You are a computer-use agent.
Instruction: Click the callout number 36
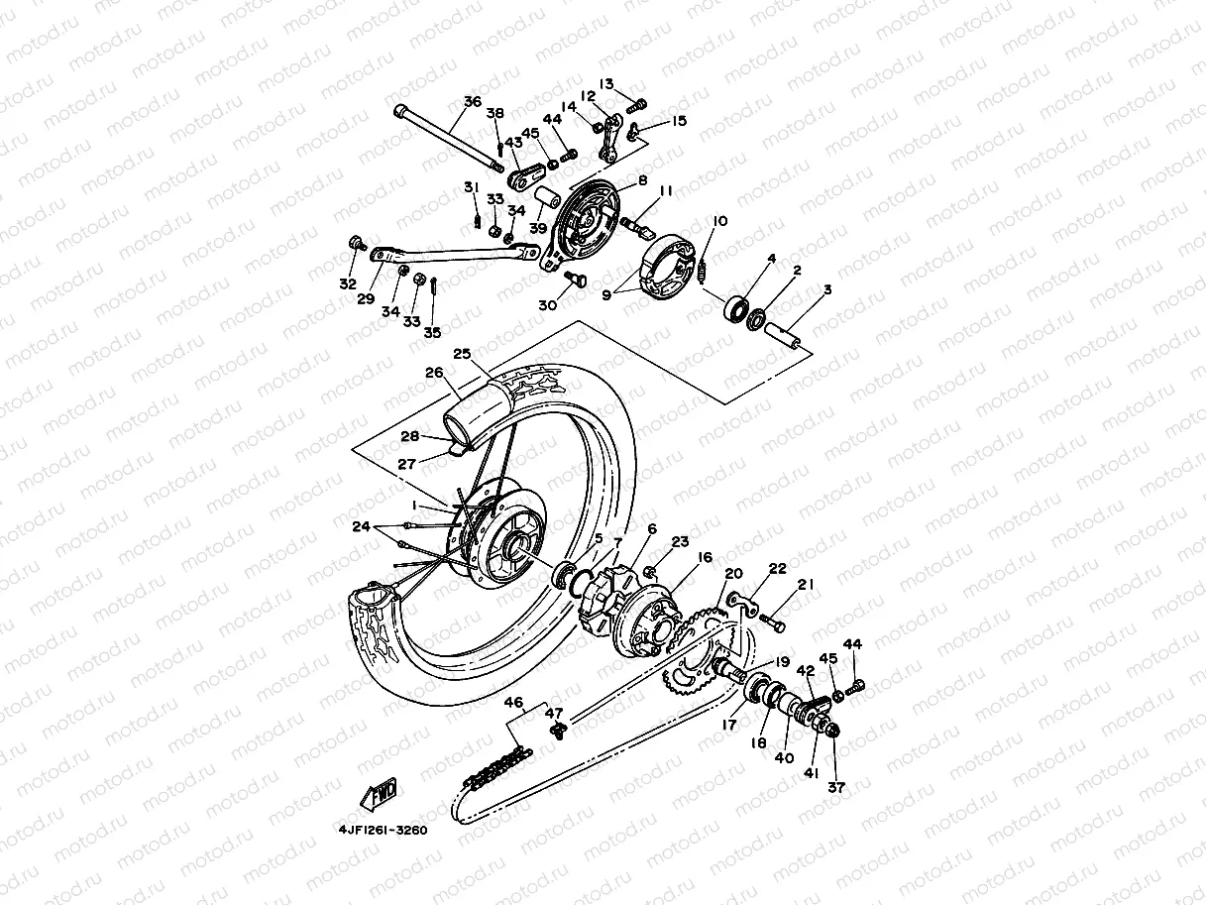tap(472, 102)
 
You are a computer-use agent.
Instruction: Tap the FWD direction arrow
tap(380, 793)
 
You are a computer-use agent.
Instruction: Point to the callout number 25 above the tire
tap(461, 354)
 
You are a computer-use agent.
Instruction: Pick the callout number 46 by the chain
tap(513, 703)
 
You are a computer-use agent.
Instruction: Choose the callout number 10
tap(719, 221)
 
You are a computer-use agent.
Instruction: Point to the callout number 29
tap(366, 298)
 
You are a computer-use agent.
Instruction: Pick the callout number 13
tap(606, 84)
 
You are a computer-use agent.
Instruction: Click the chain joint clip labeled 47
tap(556, 732)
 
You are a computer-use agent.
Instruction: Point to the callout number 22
tap(778, 568)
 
